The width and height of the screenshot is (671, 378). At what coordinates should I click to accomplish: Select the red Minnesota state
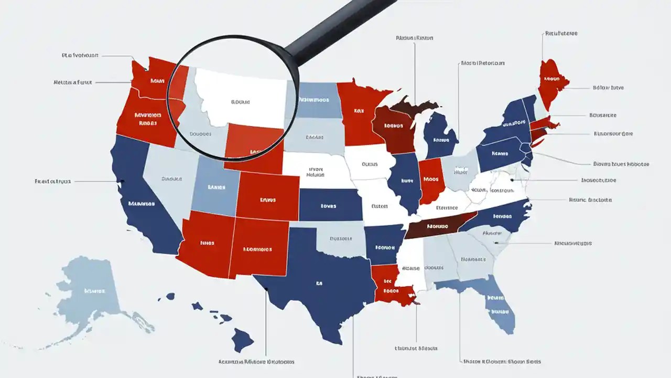[x=359, y=113]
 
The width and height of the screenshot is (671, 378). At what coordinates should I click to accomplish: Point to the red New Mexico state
[x=257, y=249]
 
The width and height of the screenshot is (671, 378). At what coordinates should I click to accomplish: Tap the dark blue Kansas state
[x=330, y=205]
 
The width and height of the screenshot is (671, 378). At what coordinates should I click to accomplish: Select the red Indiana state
[x=431, y=181]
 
